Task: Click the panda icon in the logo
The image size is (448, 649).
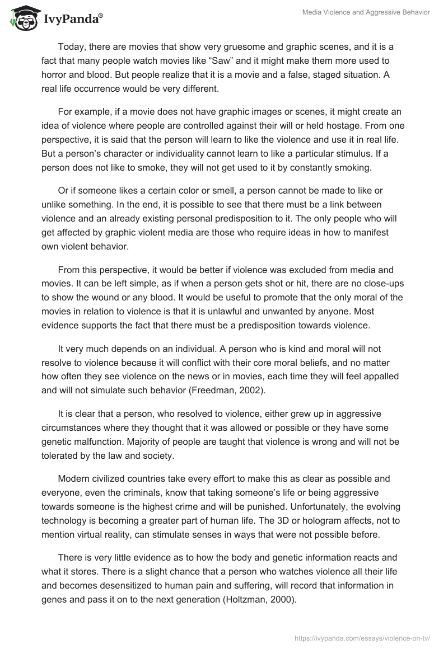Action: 23,18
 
